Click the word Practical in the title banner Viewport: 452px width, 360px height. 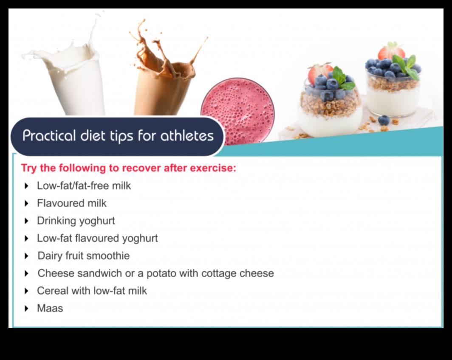click(x=49, y=136)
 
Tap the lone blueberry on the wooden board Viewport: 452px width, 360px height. click(x=384, y=120)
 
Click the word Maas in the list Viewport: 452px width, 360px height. click(x=50, y=308)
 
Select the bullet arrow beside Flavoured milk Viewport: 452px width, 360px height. click(x=26, y=204)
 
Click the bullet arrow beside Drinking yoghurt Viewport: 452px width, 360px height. click(x=26, y=221)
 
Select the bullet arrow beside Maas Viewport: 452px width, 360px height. click(x=26, y=309)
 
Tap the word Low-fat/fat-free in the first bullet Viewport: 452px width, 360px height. click(x=73, y=186)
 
